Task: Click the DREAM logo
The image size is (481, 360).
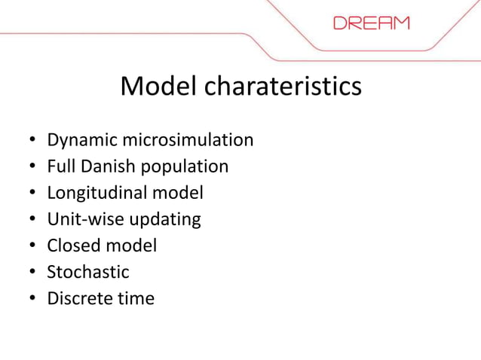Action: point(372,23)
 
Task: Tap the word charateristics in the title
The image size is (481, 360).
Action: point(283,87)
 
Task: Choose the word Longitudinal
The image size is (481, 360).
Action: point(97,193)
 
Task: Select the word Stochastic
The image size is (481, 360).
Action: point(88,272)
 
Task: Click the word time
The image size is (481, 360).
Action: point(136,298)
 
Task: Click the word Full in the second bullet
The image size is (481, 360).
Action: point(59,166)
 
